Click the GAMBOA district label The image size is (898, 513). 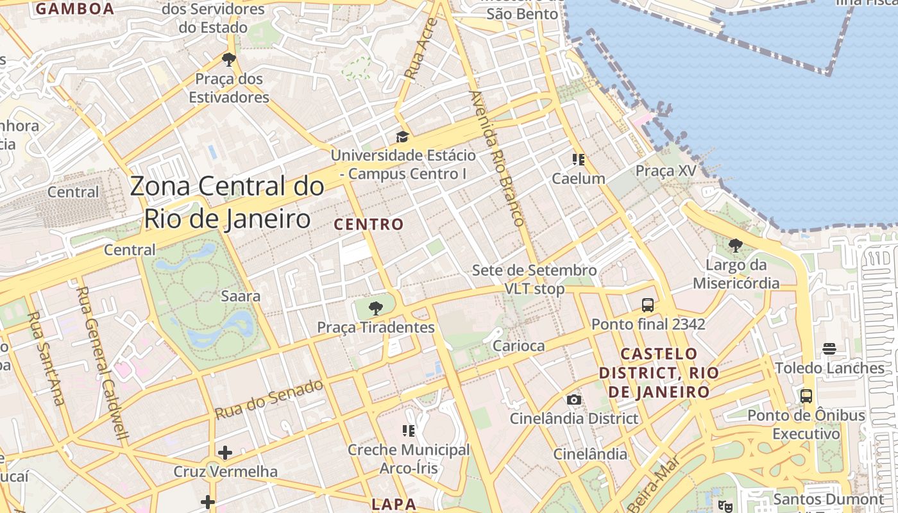click(x=75, y=9)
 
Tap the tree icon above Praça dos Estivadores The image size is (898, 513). click(x=229, y=60)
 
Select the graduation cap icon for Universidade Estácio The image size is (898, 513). click(x=402, y=137)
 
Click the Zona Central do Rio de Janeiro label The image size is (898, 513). click(x=227, y=203)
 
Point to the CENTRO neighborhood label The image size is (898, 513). click(x=369, y=224)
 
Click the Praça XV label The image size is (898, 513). click(x=665, y=171)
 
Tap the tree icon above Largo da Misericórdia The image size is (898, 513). click(x=735, y=246)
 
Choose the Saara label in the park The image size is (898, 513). click(x=241, y=296)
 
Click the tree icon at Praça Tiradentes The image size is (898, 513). click(x=376, y=309)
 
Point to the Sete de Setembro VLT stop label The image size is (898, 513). click(x=534, y=280)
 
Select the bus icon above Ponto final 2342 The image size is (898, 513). click(x=648, y=305)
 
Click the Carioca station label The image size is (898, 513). click(x=518, y=346)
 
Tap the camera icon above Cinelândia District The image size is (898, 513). click(x=574, y=400)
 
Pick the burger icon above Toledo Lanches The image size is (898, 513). click(x=829, y=349)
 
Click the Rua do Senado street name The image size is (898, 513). click(x=269, y=399)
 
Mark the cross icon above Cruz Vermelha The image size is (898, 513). click(x=225, y=453)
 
